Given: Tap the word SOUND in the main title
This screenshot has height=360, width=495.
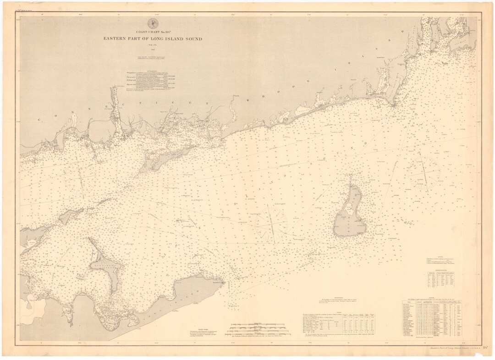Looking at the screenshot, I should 191,39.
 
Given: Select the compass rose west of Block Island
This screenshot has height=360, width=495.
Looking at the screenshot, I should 270,222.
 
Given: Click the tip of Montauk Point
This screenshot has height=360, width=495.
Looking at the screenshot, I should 224,283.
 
